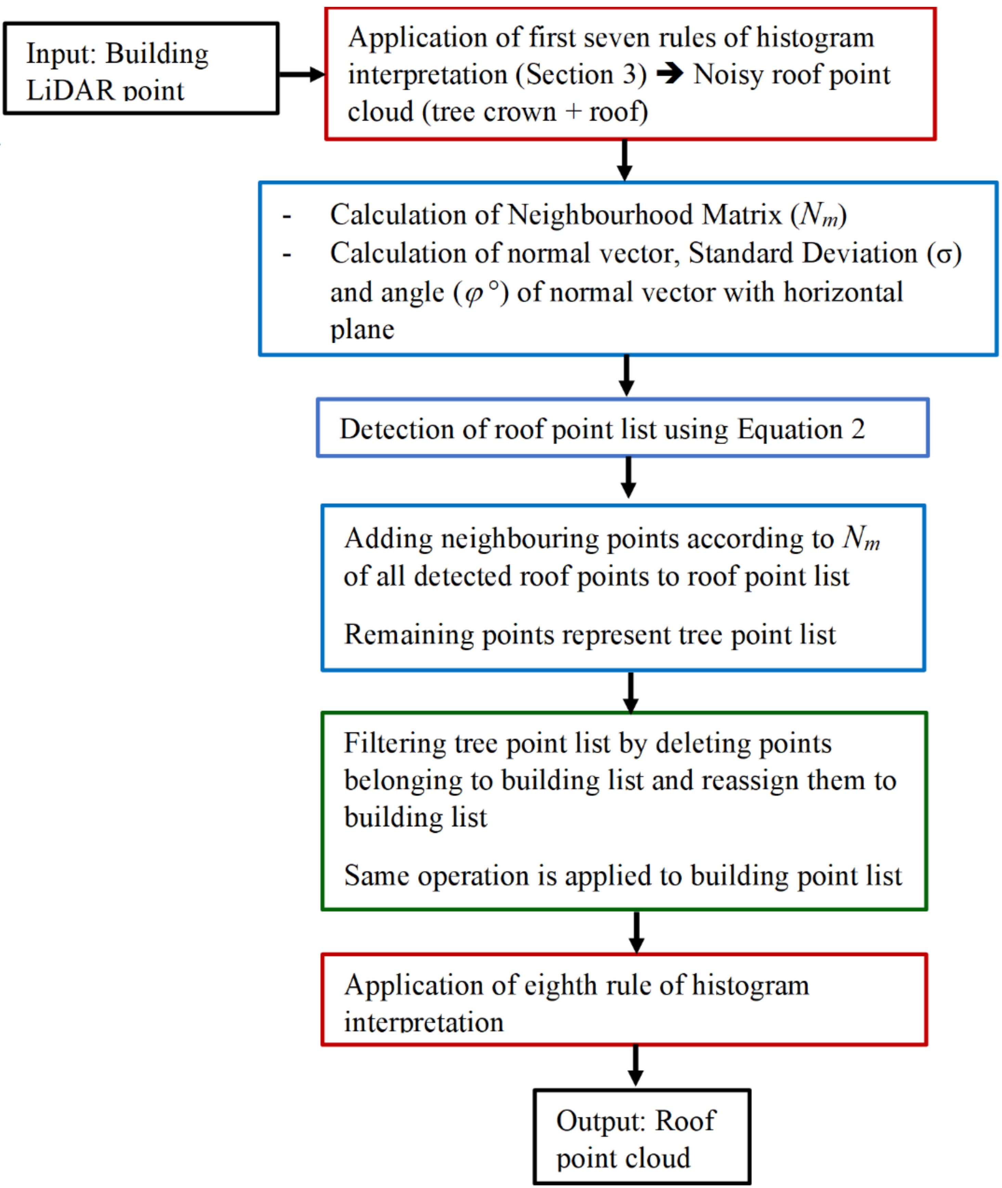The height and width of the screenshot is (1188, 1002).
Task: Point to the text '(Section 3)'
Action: [581, 75]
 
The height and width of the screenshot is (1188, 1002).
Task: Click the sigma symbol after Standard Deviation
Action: [944, 254]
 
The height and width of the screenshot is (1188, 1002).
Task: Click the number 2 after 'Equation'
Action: [858, 429]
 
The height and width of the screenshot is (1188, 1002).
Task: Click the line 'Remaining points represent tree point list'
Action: [590, 635]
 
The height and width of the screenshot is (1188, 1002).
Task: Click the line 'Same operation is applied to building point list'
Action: [623, 876]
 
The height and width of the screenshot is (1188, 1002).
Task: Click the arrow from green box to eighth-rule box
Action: [636, 932]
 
